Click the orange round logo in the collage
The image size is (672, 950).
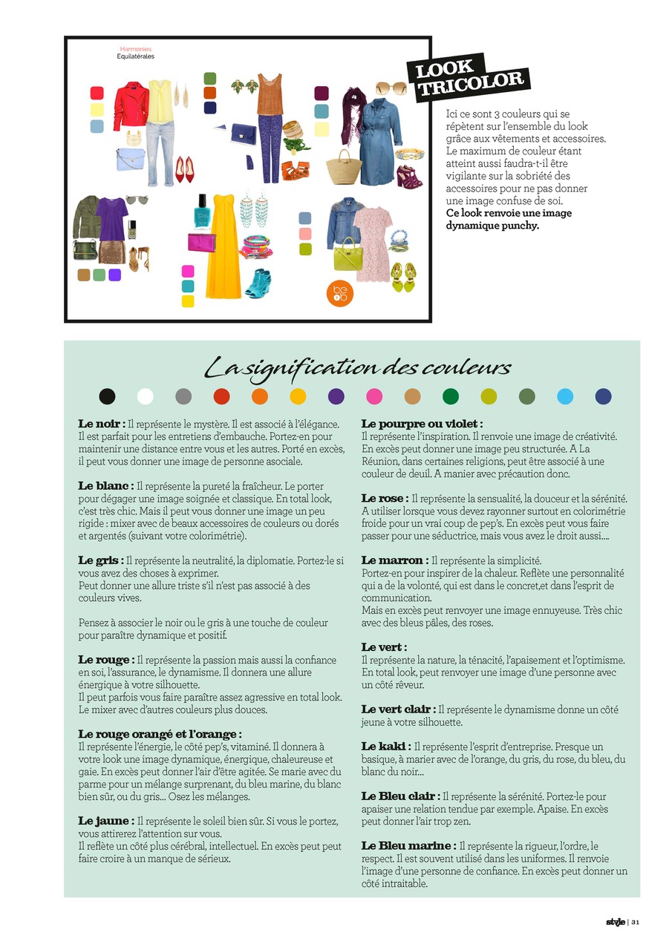click(339, 292)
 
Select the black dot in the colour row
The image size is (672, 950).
click(108, 396)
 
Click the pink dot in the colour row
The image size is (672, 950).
click(374, 396)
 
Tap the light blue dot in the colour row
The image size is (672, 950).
click(565, 396)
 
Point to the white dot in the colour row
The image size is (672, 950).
click(146, 396)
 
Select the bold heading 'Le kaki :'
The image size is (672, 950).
click(385, 746)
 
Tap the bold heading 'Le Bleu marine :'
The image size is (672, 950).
click(408, 845)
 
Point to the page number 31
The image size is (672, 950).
click(636, 923)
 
